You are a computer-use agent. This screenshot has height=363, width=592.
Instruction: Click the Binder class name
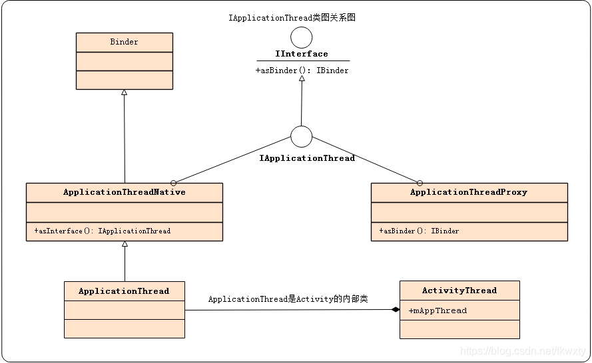[x=124, y=42]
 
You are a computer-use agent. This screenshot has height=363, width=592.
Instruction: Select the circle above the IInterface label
[x=302, y=37]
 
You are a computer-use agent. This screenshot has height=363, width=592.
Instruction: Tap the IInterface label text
[x=302, y=54]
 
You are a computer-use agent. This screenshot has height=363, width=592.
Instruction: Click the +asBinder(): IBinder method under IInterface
[x=302, y=70]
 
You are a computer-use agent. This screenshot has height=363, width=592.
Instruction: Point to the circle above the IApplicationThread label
[x=302, y=136]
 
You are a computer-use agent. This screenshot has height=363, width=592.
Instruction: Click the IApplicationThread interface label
[x=307, y=158]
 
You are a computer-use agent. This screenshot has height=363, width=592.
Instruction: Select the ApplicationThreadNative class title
[x=124, y=192]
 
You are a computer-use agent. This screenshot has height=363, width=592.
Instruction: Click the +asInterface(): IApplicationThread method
[x=103, y=231]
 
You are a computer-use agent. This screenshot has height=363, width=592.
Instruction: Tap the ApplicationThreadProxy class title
[x=469, y=192]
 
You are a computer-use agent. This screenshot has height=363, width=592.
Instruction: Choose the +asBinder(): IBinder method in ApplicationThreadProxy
[x=419, y=231]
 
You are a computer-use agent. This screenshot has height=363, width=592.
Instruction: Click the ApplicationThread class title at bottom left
[x=124, y=291]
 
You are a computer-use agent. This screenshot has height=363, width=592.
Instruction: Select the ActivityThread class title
[x=459, y=291]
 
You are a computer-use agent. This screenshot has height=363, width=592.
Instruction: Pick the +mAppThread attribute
[x=438, y=310]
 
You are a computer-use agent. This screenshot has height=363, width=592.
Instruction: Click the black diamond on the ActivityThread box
[x=395, y=310]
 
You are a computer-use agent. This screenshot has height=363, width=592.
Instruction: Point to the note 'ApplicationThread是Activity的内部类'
[x=288, y=299]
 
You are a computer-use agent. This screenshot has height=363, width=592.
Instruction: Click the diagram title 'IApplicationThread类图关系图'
[x=292, y=18]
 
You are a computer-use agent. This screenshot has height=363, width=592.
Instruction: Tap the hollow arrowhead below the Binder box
[x=124, y=93]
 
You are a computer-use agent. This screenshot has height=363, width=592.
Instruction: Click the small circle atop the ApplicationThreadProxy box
[x=420, y=182]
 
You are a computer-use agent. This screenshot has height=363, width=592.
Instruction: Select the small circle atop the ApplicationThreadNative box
[x=173, y=182]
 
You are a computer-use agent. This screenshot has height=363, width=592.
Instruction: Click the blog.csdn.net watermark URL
[x=523, y=351]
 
